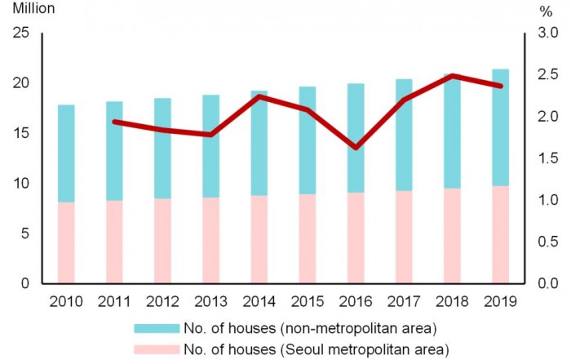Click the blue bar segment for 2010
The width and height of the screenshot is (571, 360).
coord(66,153)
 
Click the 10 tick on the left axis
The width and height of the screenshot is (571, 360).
coord(20,184)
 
